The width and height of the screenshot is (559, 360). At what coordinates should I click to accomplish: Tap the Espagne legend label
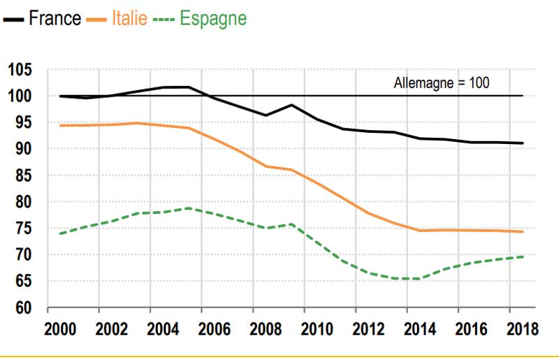point(213,19)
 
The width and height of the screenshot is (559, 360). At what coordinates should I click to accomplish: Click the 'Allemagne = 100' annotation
point(441,82)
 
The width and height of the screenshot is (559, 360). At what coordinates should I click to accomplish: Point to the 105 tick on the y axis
point(21,70)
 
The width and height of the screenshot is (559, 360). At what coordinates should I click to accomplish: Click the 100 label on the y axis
point(21,96)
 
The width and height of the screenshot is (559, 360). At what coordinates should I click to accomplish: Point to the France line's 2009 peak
point(291,105)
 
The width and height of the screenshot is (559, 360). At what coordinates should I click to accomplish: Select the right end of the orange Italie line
point(523,231)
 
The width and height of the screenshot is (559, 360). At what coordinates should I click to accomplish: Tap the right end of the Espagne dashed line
point(523,257)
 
